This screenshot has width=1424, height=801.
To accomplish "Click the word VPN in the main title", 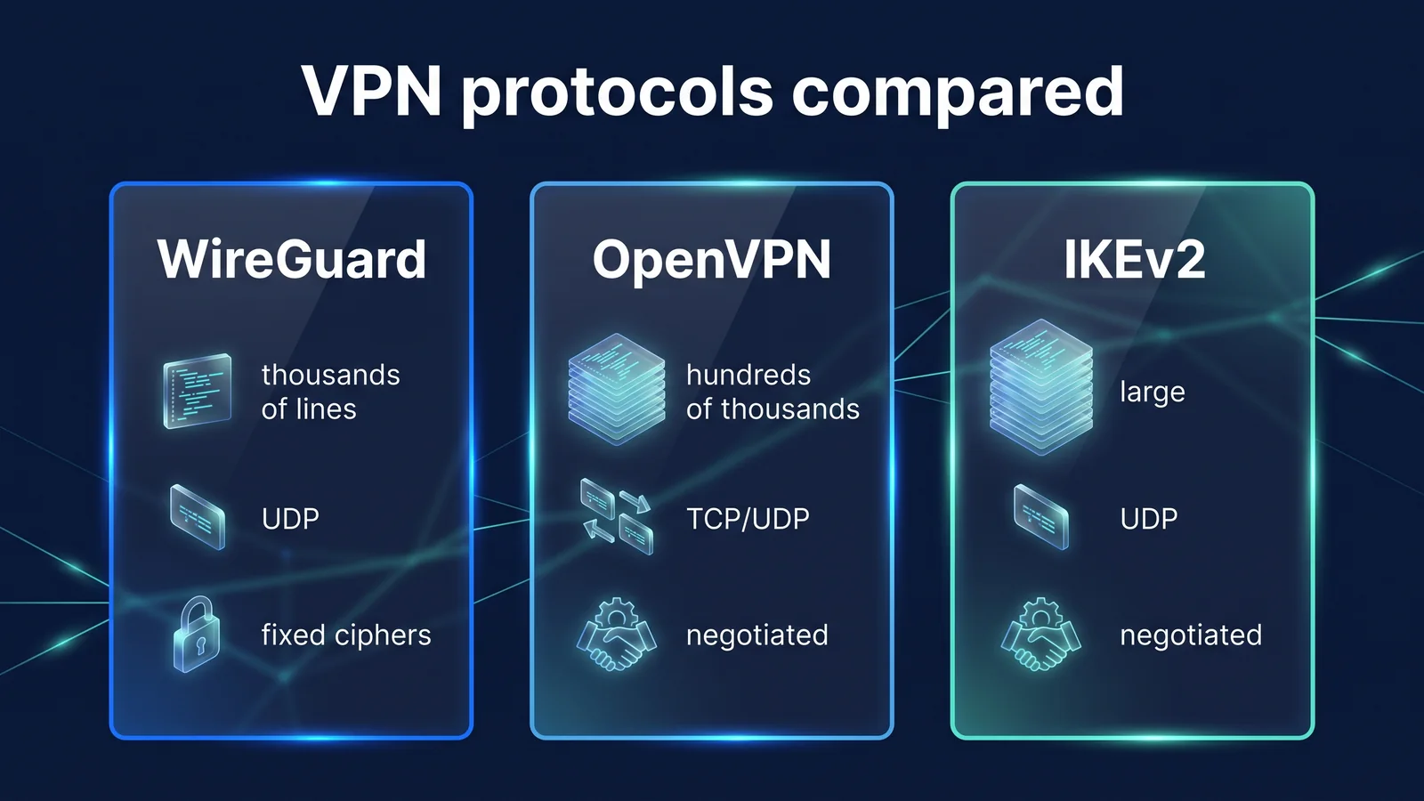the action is tap(372, 91).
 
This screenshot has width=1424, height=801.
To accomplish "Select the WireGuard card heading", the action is tap(292, 259).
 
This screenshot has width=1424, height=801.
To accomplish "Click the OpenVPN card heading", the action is tap(711, 260).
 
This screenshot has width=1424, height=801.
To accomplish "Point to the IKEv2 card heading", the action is tap(1134, 259).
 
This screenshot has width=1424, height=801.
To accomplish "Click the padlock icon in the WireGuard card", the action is tap(197, 634).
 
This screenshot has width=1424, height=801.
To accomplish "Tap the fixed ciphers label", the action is tap(346, 635).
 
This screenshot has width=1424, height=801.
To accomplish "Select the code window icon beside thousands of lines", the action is tap(197, 391).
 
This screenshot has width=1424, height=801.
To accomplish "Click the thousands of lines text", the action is tap(330, 392).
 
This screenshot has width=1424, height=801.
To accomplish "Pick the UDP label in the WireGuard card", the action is tap(290, 519).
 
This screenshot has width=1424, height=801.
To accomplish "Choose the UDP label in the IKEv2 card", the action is tap(1148, 519).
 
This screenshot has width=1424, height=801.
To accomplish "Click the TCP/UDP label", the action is tap(748, 519).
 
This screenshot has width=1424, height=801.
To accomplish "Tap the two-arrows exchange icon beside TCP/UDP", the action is tap(617, 517).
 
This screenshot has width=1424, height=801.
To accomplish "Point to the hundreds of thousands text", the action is tap(773, 392).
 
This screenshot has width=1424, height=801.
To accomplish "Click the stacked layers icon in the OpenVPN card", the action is tap(617, 388).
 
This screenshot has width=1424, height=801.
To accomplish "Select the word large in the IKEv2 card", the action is tap(1152, 392).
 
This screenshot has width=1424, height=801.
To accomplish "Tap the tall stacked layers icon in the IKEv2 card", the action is tap(1041, 387).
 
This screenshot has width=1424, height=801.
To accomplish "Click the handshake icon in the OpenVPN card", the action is tap(616, 634).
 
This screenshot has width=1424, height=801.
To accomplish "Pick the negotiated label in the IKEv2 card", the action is tap(1191, 635).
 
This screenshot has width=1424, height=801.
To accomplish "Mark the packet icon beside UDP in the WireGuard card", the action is tap(198, 517).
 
